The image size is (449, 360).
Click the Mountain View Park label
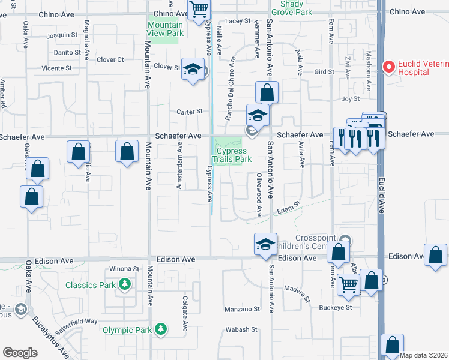coord(165,29)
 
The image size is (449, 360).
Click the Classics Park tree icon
coord(125,284)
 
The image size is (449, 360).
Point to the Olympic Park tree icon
coord(160,329)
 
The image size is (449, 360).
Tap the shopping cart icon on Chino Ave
coord(198,8)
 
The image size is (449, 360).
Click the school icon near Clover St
coord(193,70)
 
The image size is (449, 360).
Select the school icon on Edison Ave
coord(265,244)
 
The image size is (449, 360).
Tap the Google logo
coord(20,353)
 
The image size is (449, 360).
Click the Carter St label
coord(190,111)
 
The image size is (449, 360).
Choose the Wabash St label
coord(241,329)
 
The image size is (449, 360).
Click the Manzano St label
coord(242,309)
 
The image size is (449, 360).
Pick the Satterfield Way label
coord(83,322)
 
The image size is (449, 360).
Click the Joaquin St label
coord(62,35)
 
